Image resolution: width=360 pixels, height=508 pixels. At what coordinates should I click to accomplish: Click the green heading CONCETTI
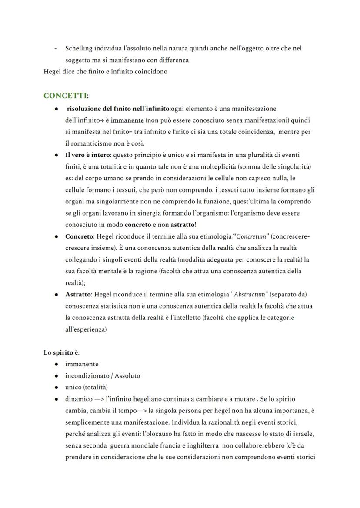coord(64,96)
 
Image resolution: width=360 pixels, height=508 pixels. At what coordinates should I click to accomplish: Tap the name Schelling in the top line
coord(78,48)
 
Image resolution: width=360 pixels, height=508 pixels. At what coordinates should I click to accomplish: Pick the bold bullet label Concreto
coord(79,237)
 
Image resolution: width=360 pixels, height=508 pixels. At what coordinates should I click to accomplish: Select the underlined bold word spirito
coord(63,352)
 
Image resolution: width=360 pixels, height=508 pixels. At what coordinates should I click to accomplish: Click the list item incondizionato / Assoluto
coord(103,375)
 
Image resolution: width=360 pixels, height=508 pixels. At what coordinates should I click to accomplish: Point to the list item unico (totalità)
coord(87,387)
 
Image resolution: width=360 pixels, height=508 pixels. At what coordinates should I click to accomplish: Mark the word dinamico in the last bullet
coord(79,399)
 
